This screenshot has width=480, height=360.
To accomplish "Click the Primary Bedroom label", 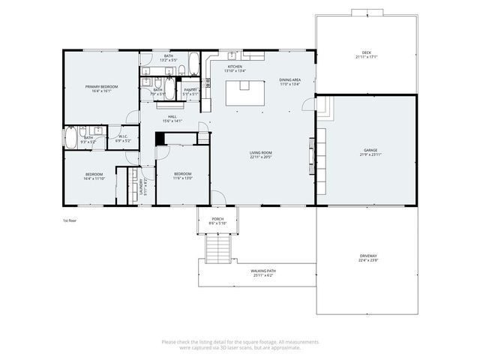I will click(x=100, y=87).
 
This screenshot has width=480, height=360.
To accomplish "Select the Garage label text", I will click(x=367, y=151).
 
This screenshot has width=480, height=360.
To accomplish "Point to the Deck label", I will click(x=366, y=53).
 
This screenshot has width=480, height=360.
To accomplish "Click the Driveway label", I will click(x=367, y=256).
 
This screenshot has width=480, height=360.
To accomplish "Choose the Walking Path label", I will click(x=262, y=271).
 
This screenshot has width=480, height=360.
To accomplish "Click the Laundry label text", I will click(x=142, y=185).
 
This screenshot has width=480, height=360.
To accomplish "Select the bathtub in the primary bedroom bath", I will click(x=71, y=138).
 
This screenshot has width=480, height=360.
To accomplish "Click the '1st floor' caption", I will click(x=70, y=220).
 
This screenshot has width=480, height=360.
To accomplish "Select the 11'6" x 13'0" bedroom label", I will click(x=183, y=176).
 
